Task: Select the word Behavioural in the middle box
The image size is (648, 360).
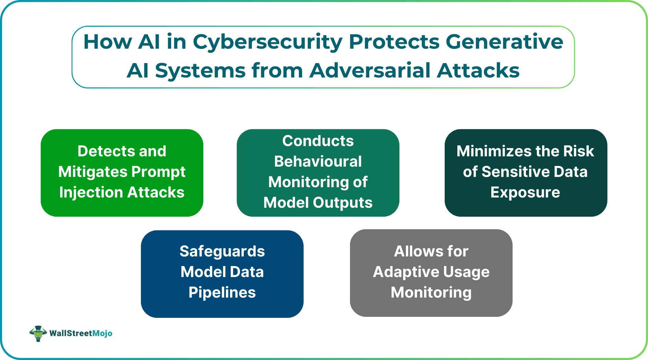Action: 318,161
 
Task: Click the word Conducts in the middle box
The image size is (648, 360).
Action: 318,141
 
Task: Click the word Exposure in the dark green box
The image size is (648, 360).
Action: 525,192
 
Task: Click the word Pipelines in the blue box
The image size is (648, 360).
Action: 222,293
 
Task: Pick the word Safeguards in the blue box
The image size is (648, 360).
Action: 222,251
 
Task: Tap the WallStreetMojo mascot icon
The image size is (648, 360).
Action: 38,333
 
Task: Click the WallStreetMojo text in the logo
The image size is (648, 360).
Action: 81,333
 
